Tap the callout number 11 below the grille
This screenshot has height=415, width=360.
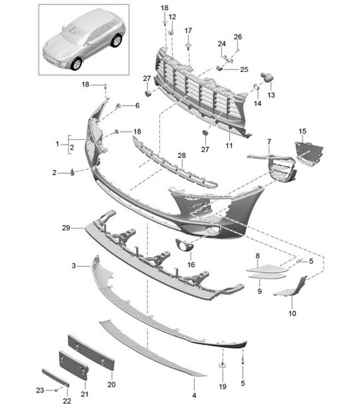229,145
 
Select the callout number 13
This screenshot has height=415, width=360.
271,96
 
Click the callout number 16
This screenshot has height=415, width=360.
192,264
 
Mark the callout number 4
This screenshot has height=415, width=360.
194,396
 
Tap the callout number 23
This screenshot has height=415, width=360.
40,390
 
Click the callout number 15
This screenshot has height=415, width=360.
303,132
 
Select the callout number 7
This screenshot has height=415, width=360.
269,142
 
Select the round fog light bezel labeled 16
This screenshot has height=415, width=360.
182,247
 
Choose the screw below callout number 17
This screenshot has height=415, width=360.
189,46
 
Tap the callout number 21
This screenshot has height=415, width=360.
84,395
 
